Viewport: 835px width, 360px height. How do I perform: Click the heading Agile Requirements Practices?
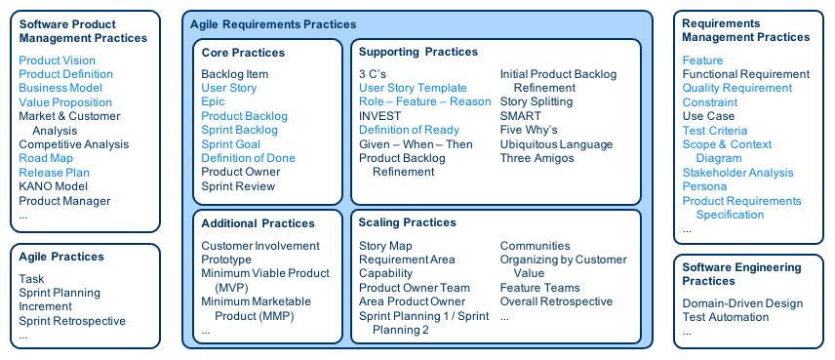(273, 24)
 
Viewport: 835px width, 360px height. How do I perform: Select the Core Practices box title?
(243, 53)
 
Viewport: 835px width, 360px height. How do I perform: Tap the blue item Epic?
(213, 101)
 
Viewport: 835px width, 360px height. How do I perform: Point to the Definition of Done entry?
(248, 158)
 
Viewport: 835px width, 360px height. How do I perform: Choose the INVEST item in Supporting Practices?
(379, 116)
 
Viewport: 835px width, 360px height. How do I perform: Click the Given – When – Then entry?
(416, 144)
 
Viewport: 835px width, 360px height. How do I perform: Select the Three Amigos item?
(537, 158)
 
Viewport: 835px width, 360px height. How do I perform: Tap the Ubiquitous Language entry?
(556, 144)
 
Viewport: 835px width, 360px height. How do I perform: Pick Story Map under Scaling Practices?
(385, 246)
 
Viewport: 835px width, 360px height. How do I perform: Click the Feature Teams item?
(540, 288)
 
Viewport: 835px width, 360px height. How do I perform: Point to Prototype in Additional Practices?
(226, 260)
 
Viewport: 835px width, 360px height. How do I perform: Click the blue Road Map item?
(46, 158)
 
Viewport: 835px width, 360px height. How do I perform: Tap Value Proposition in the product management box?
(65, 102)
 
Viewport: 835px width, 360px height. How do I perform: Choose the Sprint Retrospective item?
(72, 321)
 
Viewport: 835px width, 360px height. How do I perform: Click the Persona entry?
(704, 186)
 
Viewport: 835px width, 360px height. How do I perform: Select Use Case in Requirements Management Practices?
(708, 116)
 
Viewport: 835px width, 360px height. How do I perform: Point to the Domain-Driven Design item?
(741, 303)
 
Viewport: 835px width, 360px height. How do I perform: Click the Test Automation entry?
(725, 317)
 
